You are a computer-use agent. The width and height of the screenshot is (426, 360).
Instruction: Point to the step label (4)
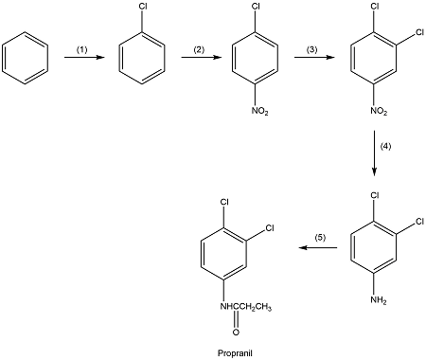tap(385, 147)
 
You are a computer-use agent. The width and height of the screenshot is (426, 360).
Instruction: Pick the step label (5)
tap(321, 237)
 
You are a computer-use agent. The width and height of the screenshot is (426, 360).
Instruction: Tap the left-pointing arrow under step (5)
tap(321, 248)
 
